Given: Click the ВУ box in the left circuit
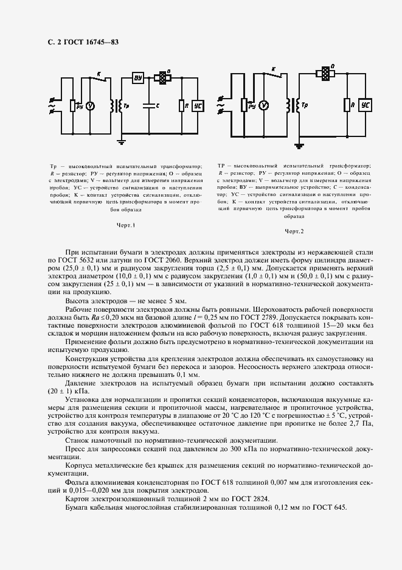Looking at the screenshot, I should coord(137,79).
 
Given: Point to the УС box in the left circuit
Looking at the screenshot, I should coord(198,105).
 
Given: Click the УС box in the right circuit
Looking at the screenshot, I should coord(365,105).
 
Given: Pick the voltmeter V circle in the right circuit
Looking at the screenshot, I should coord(263,105).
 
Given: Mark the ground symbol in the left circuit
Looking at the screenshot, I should coord(121,141).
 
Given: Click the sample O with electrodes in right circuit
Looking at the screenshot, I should coord(325,73).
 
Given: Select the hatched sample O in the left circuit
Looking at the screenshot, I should coord(163,78).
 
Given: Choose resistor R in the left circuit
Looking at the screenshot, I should coord(181,105).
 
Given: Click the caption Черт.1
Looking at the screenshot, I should coord(125,225).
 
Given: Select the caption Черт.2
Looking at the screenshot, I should coord(294,231).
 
